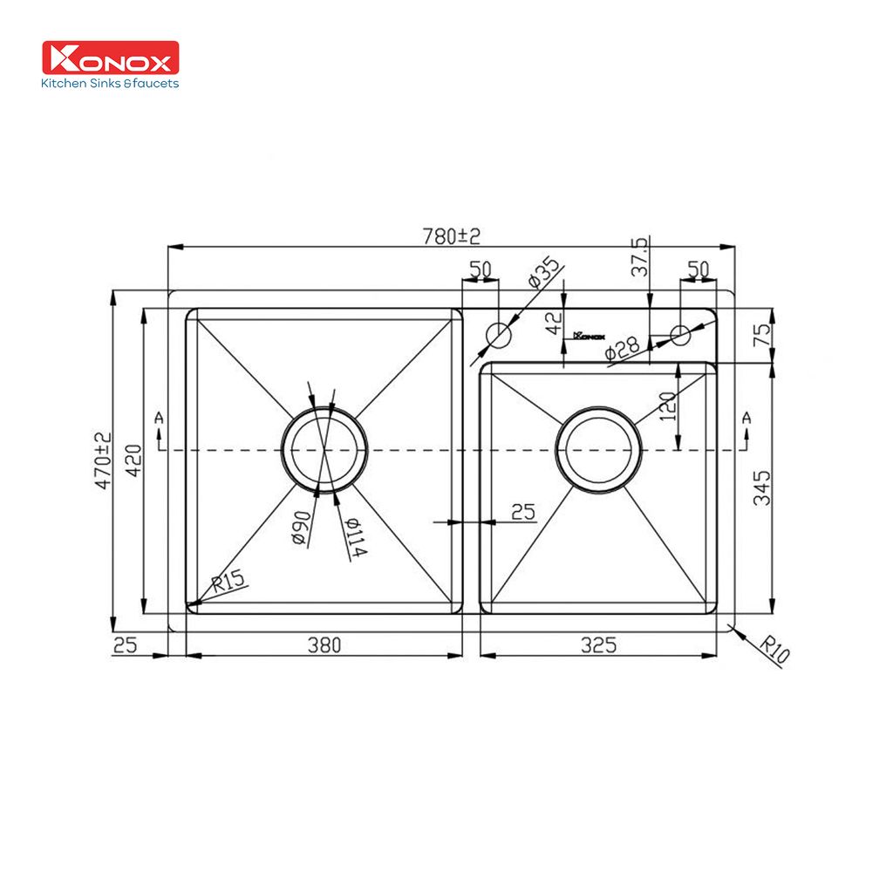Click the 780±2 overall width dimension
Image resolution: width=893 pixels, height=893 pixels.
[451, 235]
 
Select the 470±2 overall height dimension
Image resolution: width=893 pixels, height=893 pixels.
[103, 460]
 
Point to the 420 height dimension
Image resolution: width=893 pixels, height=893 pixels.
[133, 460]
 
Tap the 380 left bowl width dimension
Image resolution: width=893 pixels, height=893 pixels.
[324, 645]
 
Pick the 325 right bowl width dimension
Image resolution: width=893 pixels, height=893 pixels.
[598, 645]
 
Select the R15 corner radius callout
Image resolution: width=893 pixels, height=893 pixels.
[228, 581]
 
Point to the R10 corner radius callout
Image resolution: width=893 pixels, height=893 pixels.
[773, 651]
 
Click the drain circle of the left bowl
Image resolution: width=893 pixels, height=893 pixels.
[324, 450]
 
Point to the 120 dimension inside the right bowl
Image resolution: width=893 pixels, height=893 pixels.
[667, 407]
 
